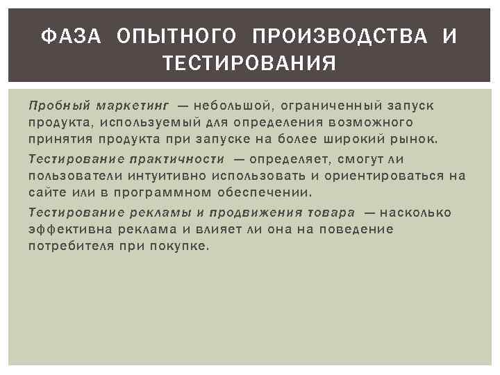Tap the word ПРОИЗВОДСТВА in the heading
click(x=340, y=36)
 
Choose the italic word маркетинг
click(x=133, y=106)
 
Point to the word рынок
click(x=415, y=139)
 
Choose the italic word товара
click(x=333, y=212)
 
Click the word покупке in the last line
click(x=182, y=246)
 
